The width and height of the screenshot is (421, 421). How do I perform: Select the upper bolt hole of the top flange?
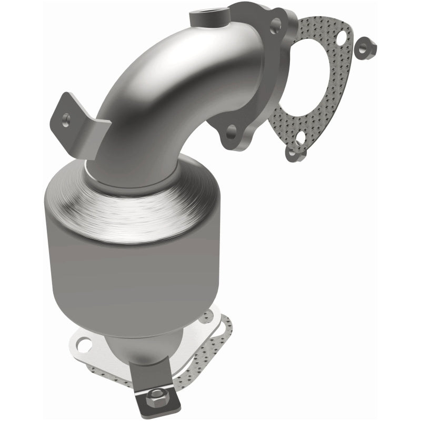coord(274,24)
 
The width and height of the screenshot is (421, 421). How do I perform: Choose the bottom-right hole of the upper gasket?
coord(301,139)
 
